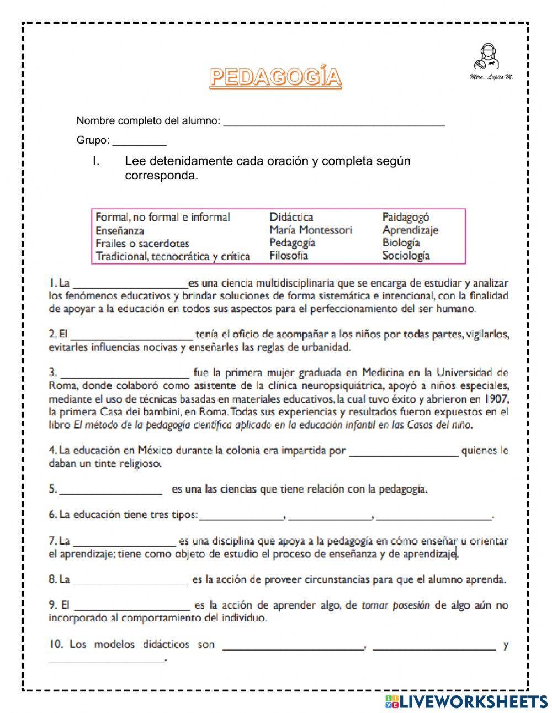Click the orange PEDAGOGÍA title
click(275, 77)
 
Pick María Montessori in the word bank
click(310, 230)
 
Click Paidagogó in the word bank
click(406, 217)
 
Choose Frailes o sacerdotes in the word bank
click(142, 244)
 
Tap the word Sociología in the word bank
click(406, 256)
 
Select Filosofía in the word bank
click(288, 256)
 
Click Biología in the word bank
click(401, 242)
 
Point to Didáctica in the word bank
click(291, 217)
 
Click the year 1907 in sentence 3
click(496, 399)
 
